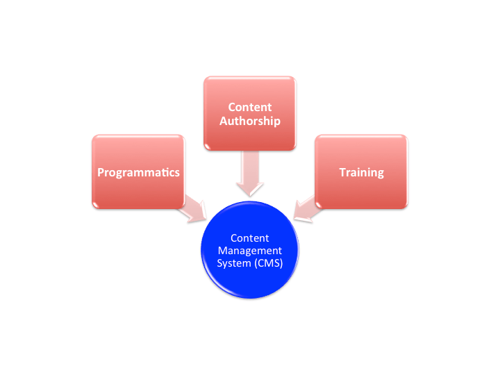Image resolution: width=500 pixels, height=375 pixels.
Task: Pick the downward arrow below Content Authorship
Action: tap(249, 174)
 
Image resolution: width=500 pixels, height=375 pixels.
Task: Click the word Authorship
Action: tap(249, 121)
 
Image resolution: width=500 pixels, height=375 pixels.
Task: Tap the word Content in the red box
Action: tap(249, 107)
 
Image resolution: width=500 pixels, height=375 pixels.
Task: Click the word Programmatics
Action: tap(137, 172)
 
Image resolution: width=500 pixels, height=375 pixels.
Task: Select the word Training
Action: tap(361, 172)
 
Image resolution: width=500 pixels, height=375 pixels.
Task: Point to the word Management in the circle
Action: tap(249, 250)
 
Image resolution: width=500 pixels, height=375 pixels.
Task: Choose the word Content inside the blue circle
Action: tap(249, 238)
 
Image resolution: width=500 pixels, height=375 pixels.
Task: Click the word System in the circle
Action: tap(233, 262)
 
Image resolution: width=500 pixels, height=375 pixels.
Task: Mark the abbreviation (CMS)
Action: tap(267, 262)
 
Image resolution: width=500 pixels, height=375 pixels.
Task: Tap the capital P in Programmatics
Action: tap(101, 172)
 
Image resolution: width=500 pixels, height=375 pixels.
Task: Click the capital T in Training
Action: tap(342, 172)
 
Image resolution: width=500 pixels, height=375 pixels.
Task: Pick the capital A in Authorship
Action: tap(223, 121)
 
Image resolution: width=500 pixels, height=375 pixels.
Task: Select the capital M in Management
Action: tap(222, 250)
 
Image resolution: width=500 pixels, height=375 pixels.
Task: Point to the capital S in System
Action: tap(220, 262)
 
